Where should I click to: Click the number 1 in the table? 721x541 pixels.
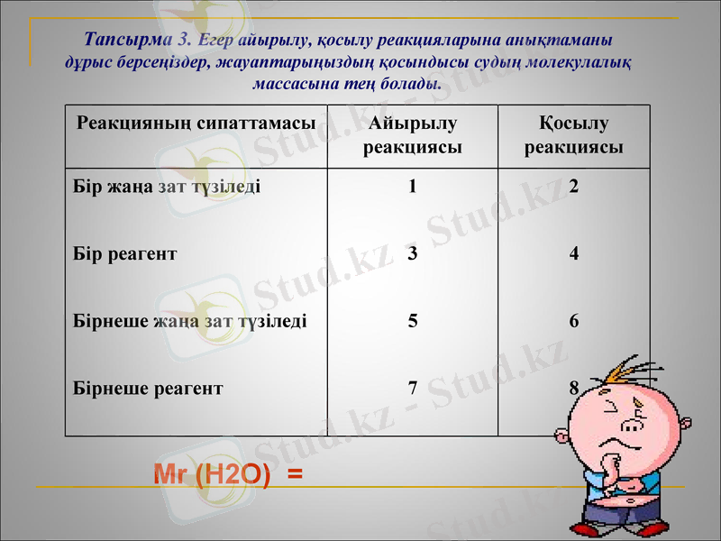(x=412, y=188)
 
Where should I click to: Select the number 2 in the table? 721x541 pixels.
(x=574, y=188)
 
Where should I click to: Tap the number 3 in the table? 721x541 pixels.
(x=412, y=254)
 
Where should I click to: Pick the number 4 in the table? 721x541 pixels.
(x=574, y=254)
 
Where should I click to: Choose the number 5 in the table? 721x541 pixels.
(x=412, y=320)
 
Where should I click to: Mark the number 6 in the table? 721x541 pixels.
(x=574, y=320)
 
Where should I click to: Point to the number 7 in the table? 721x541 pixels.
(x=412, y=388)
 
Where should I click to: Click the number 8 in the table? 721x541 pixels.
(x=574, y=388)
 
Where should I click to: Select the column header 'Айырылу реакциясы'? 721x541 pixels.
(x=413, y=134)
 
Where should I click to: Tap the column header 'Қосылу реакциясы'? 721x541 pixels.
(x=574, y=134)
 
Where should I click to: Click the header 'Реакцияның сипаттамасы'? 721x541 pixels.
(x=196, y=123)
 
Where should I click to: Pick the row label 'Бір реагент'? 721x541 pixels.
(x=124, y=254)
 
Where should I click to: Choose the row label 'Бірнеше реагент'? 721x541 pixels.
(x=148, y=388)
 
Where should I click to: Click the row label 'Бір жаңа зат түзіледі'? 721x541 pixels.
(x=167, y=188)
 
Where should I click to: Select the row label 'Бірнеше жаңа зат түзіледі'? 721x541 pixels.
(x=189, y=320)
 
